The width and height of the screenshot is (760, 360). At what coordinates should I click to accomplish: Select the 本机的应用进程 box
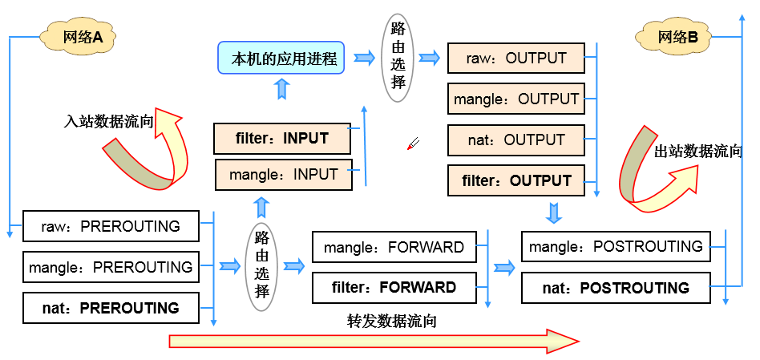coord(281,58)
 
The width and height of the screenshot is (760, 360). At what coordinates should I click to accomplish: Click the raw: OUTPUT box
coord(515,59)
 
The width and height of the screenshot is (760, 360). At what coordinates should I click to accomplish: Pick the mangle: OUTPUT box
coord(515,99)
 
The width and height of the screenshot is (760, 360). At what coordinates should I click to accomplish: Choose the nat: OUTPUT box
coord(515,140)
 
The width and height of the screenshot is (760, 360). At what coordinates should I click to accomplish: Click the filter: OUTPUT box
coord(515,180)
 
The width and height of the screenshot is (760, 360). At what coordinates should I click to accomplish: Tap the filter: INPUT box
coord(282,139)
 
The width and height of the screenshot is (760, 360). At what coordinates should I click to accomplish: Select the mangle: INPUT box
coord(284,175)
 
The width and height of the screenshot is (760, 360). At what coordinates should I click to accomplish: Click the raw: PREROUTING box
coord(111,226)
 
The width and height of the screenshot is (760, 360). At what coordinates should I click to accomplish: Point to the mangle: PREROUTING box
coord(111,267)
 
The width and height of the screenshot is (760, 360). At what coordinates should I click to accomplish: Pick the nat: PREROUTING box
coord(111,308)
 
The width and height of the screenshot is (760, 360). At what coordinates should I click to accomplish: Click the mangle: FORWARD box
coord(394,247)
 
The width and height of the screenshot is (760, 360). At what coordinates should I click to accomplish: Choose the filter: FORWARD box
coord(394,287)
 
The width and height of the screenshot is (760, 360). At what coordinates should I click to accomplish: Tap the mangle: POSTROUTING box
coord(616,246)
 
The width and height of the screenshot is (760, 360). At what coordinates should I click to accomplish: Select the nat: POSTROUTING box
coord(616,288)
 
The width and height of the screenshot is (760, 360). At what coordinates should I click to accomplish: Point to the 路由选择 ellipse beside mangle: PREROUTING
coord(261,265)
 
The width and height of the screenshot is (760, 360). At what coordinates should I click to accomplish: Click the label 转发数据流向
coord(392,321)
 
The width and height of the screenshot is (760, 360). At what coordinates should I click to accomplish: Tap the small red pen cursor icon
coord(413,144)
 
